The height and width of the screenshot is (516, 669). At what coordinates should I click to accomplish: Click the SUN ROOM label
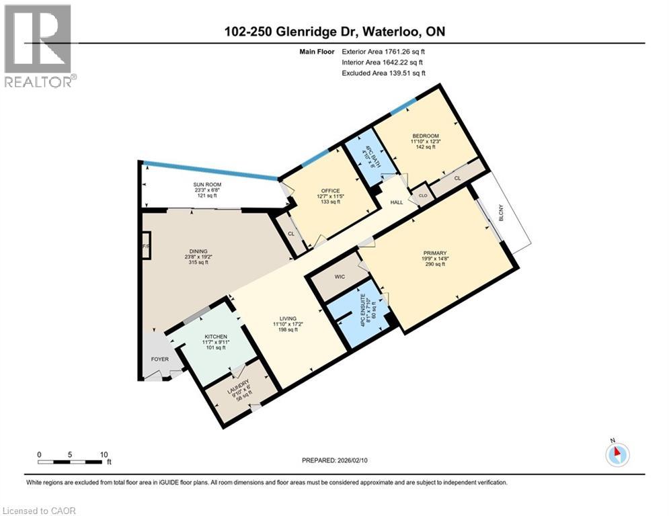[x=208, y=185]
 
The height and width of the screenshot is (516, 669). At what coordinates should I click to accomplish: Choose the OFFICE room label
[x=329, y=190]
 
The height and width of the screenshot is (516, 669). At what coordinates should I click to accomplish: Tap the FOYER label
[x=159, y=359]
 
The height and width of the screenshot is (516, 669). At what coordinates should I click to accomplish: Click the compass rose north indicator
[x=617, y=454]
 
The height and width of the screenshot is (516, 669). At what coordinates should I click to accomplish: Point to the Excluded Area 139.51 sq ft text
[x=383, y=73]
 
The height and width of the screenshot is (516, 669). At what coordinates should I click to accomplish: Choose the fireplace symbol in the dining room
[x=145, y=246]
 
